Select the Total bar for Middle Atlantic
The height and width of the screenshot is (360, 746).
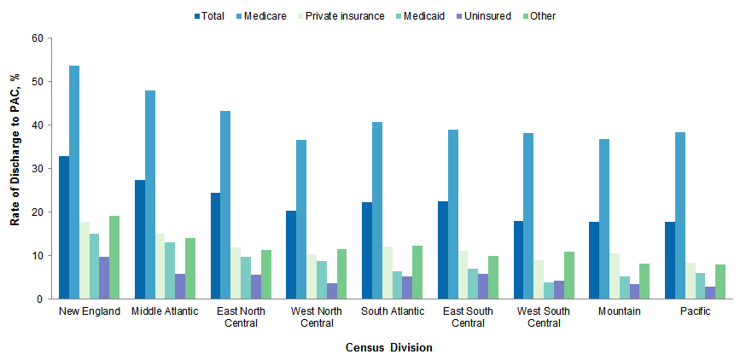140,240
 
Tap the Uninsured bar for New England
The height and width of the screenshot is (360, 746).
104,278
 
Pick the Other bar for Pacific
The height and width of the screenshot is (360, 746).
720,282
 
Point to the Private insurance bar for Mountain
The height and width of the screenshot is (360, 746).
614,276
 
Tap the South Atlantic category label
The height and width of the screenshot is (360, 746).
392,311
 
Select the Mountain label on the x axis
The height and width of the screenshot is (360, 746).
620,311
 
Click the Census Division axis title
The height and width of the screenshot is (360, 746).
389,347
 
